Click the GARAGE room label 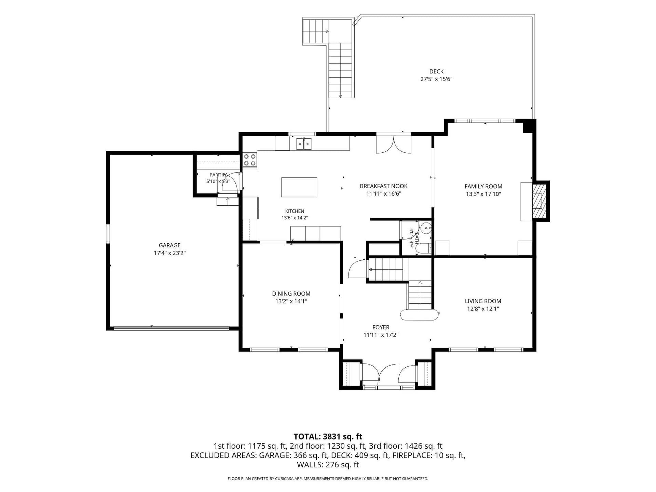[169, 245]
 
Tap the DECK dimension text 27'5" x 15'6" [436, 79]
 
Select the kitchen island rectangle [299, 187]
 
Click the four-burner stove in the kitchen [250, 160]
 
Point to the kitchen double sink [303, 144]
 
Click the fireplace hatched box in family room [539, 201]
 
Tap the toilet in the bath [423, 248]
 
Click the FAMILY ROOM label [483, 187]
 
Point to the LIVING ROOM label [483, 301]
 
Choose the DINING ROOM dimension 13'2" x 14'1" [291, 301]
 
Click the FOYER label [381, 327]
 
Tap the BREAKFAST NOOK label [383, 186]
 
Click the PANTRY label [218, 175]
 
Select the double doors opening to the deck [394, 144]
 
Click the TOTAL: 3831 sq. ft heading [328, 437]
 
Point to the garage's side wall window [108, 234]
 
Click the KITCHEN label [295, 211]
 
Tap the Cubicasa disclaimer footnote [328, 479]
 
